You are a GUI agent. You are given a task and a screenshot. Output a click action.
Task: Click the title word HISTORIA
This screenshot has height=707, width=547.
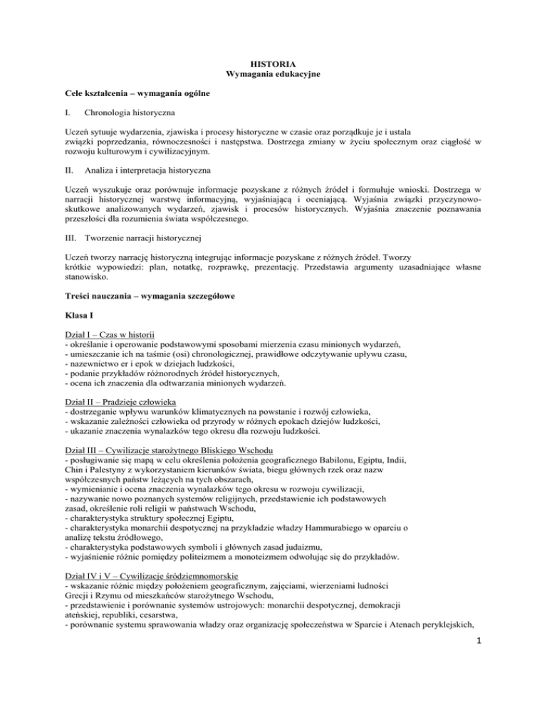click(273, 63)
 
